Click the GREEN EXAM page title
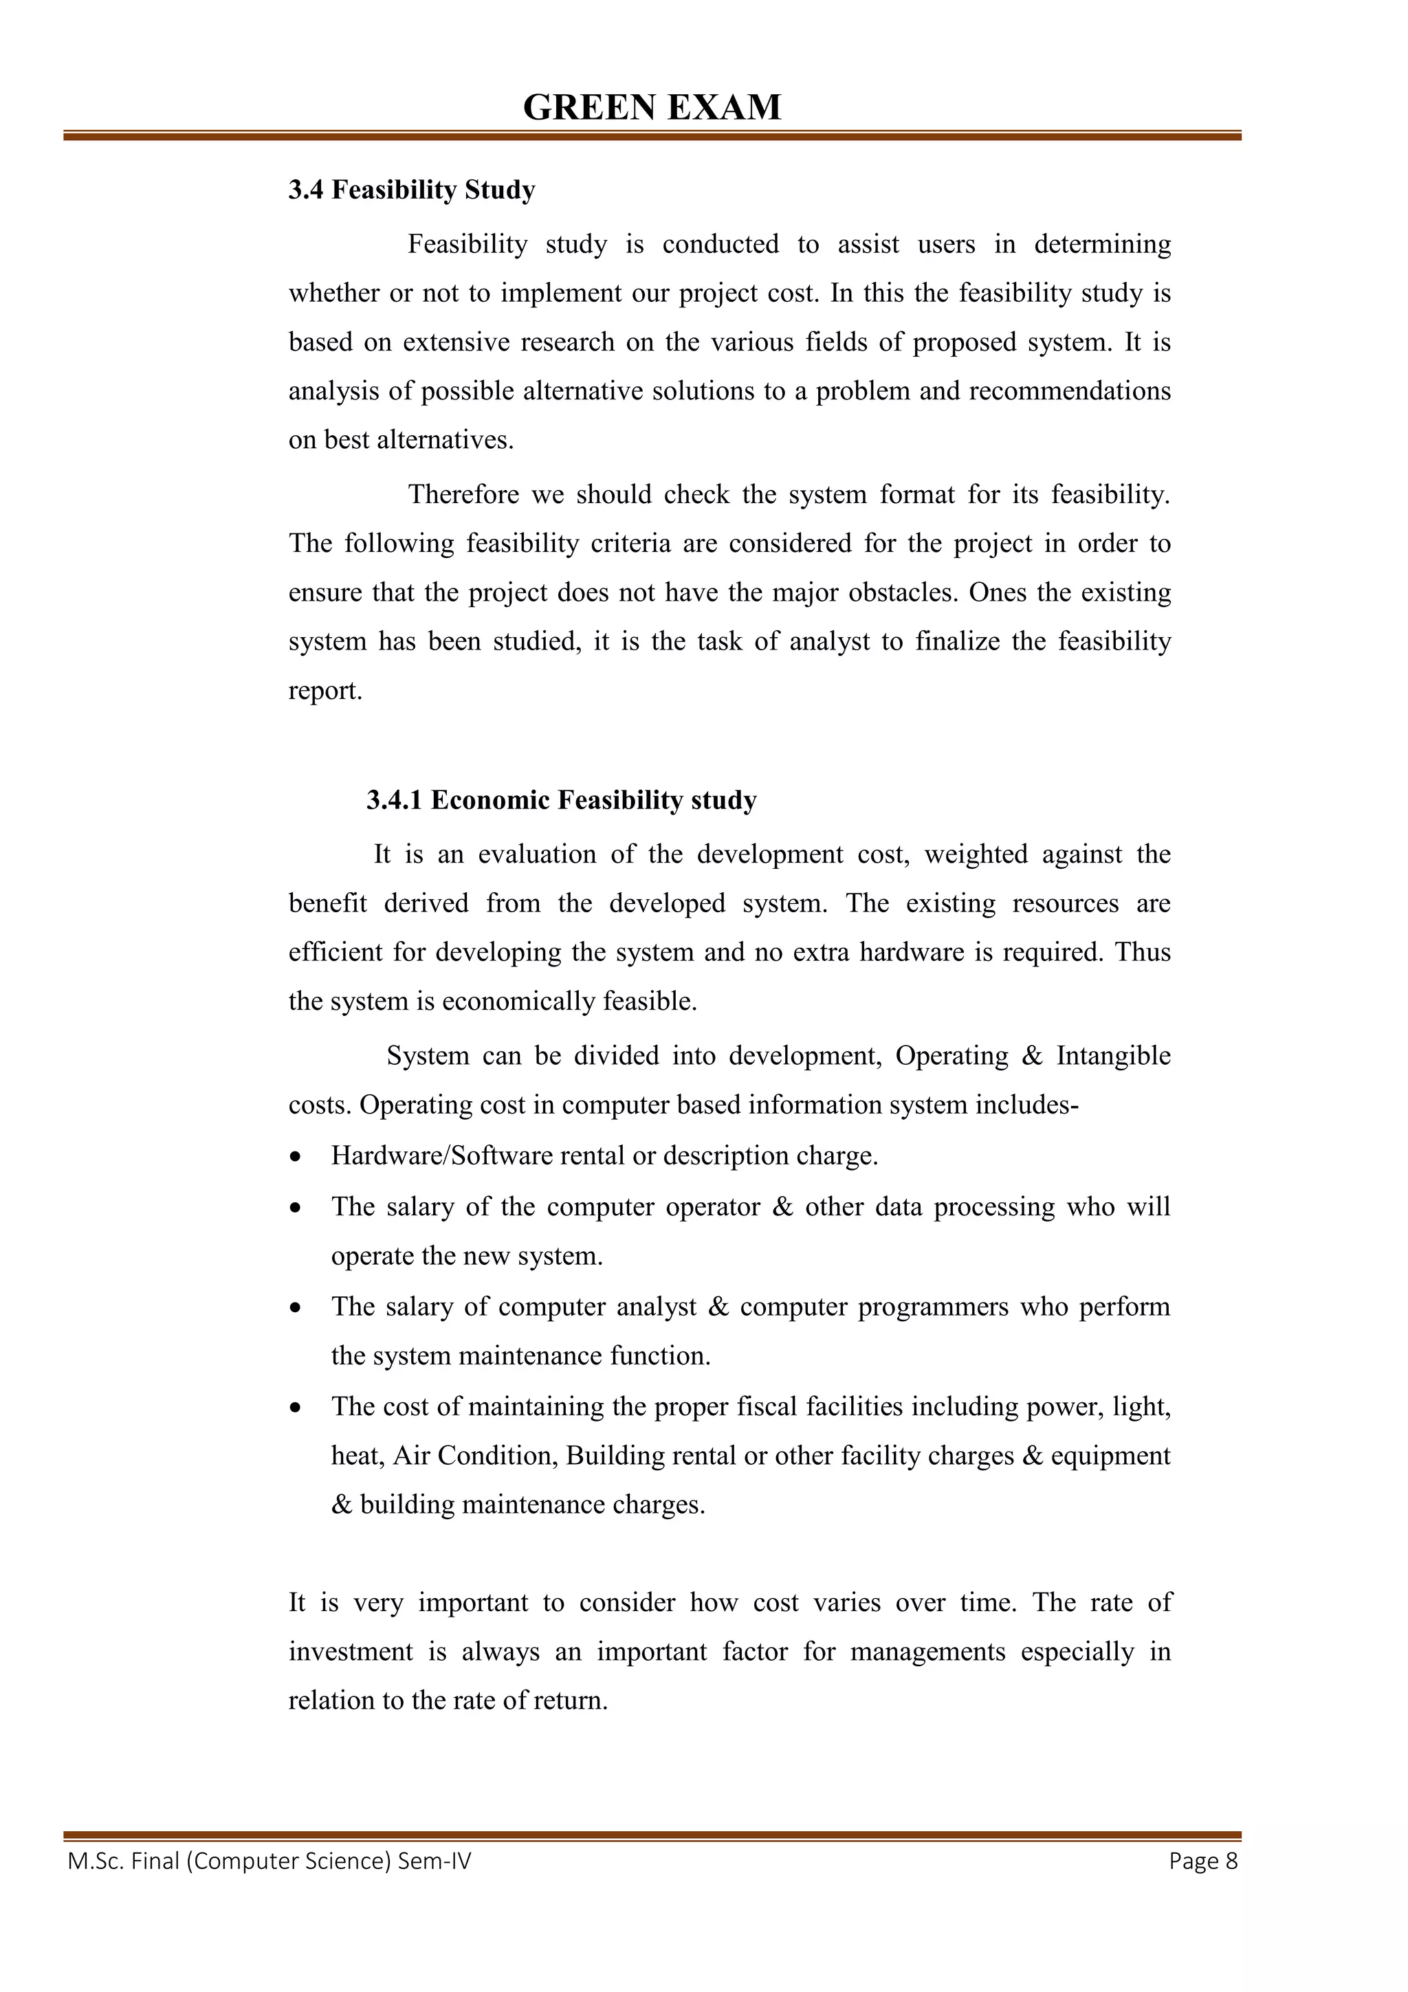[652, 108]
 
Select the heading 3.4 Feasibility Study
[411, 190]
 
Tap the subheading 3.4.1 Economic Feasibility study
[560, 800]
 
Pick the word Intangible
[1113, 1056]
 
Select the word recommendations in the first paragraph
[1069, 391]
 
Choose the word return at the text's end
[570, 1701]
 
